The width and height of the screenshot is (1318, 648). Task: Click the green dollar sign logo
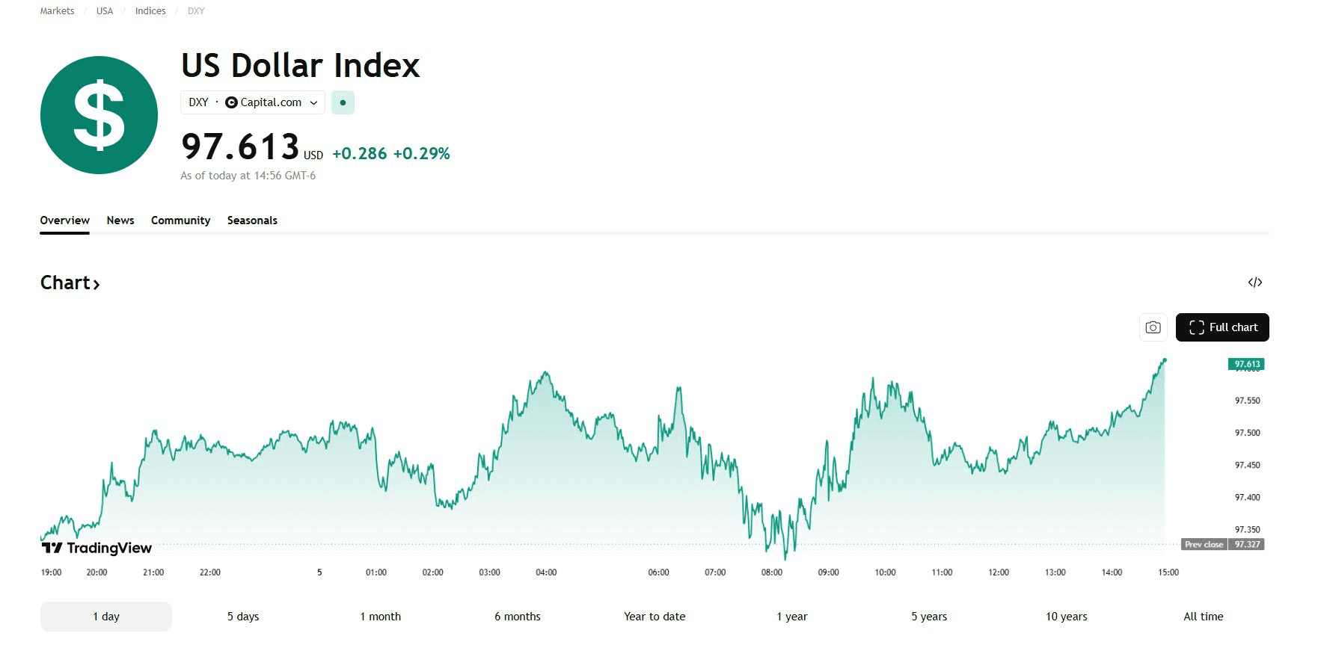click(99, 115)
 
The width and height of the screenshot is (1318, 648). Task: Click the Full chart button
click(1222, 327)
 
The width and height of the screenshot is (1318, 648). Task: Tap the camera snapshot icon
click(1153, 327)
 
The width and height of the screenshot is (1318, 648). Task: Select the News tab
click(120, 220)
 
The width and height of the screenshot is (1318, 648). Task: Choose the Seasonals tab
click(252, 220)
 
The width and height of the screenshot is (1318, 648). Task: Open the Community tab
click(180, 220)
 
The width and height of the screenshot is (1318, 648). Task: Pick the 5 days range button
click(243, 617)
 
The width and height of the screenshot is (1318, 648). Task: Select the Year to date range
click(655, 617)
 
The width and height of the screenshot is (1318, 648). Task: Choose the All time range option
click(1203, 617)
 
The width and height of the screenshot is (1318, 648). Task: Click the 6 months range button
click(517, 617)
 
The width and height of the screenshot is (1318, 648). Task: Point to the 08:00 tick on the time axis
click(771, 573)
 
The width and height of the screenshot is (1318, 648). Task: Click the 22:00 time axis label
click(210, 573)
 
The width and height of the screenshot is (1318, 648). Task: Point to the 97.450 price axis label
click(1247, 465)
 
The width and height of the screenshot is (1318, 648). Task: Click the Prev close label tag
click(1204, 544)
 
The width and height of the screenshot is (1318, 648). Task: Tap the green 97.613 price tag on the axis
click(1246, 364)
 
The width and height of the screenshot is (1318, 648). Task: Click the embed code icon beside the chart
click(1254, 283)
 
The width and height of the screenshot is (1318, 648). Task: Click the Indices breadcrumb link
click(150, 11)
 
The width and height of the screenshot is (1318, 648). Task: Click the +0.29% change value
click(421, 154)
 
